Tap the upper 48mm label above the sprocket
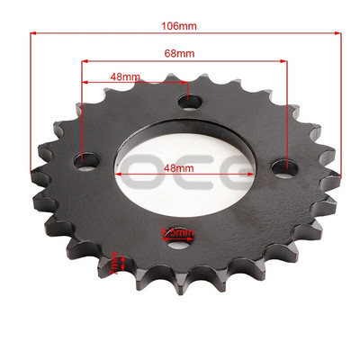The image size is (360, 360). pos(125,76)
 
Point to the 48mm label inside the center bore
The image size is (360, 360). pos(180,167)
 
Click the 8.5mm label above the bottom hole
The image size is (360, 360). pos(176,232)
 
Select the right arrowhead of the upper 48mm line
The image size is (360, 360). pos(184,84)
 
